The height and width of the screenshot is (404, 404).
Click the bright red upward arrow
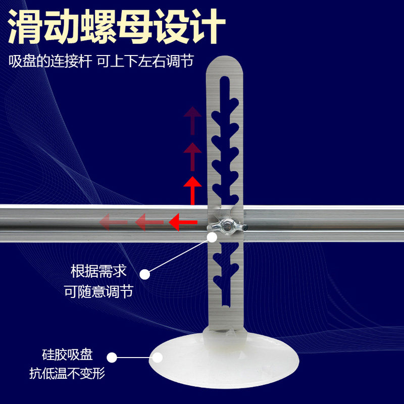pos(192,190)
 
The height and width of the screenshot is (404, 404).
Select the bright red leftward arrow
pos(181,221)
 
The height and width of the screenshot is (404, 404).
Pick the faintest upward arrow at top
pos(192,120)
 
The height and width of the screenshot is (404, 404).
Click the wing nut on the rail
pos(226,228)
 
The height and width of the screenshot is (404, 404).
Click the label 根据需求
pos(98,271)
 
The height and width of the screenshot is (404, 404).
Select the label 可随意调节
pos(98,291)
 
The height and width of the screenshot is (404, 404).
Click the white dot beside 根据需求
pos(145,274)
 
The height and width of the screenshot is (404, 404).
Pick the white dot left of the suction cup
pos(112,358)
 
